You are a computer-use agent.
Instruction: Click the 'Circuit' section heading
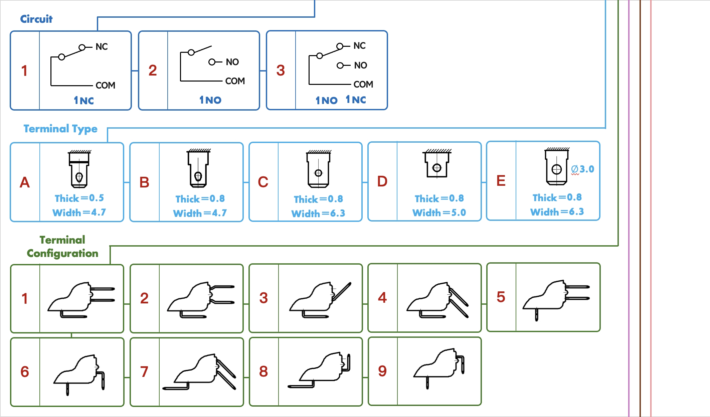[36, 19]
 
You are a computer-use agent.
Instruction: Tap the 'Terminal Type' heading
[60, 129]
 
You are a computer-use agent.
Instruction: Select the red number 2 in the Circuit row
[153, 71]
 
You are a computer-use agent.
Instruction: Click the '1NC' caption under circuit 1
[84, 100]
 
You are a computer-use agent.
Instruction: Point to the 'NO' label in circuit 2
[232, 62]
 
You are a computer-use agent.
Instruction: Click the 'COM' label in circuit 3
[363, 84]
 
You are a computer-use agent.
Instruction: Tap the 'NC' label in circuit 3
[360, 45]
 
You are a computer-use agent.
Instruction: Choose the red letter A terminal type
[25, 182]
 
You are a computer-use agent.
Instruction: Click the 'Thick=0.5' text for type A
[79, 198]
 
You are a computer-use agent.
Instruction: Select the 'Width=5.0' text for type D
[439, 213]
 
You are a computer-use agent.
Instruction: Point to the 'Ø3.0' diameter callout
[582, 169]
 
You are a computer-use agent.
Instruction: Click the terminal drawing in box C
[319, 169]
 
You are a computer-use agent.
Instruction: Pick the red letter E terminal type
[501, 181]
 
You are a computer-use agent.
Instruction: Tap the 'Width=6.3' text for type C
[318, 214]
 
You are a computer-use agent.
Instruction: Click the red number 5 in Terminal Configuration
[501, 297]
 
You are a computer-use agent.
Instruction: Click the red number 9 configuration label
[382, 371]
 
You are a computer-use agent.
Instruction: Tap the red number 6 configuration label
[25, 372]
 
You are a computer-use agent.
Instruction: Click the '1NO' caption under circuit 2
[210, 100]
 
